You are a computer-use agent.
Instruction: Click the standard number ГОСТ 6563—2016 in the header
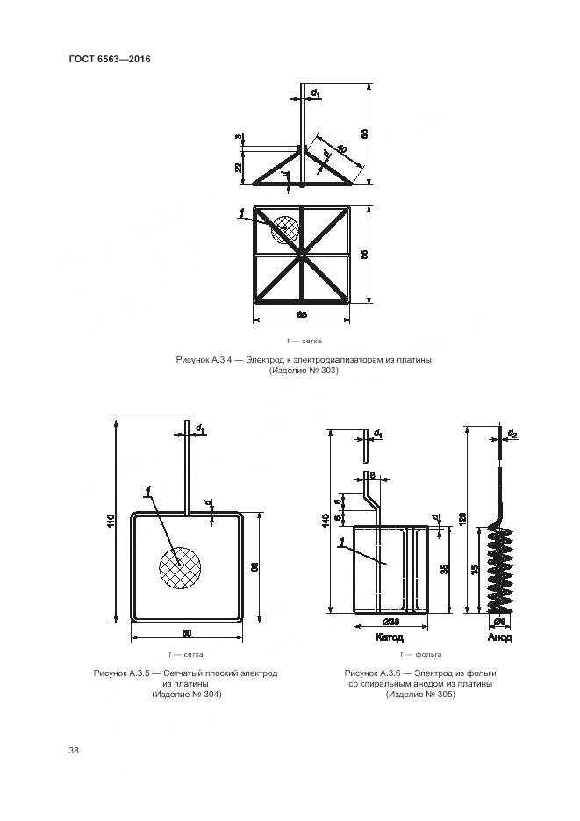pos(111,60)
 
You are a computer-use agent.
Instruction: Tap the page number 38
pos(74,750)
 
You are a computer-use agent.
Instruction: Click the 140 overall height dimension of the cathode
pos(326,520)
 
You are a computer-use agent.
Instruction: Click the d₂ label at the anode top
pos(512,433)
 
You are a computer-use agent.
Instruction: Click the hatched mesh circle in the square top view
pos(284,230)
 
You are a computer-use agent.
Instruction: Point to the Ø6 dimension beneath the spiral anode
pos(498,623)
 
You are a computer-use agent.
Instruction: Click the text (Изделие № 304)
pos(186,695)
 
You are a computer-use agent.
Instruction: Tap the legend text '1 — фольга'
pos(420,654)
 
